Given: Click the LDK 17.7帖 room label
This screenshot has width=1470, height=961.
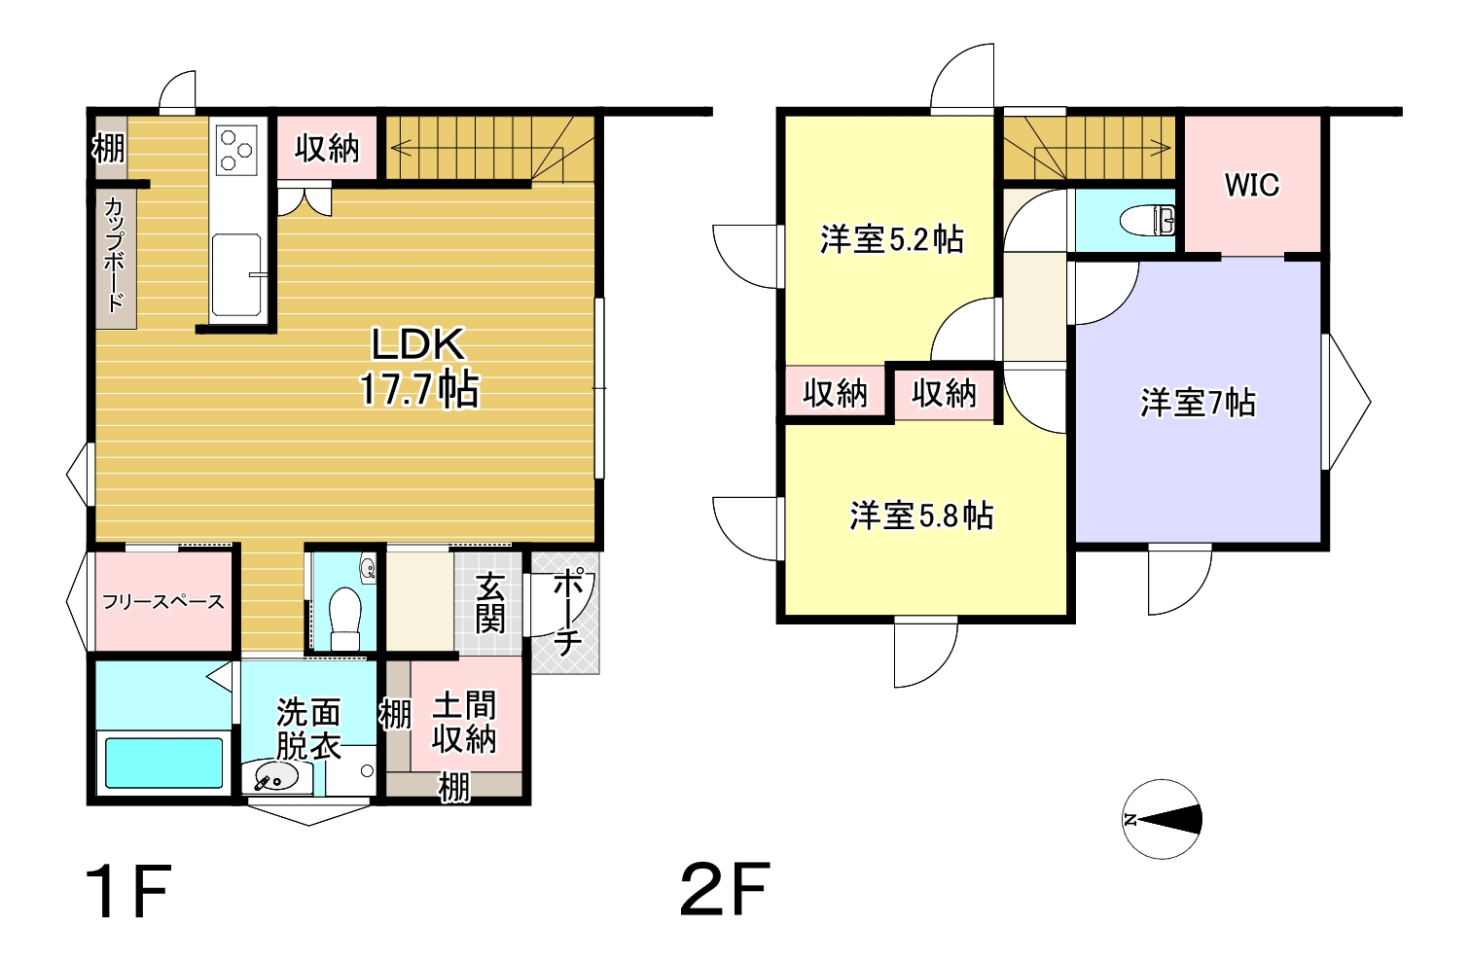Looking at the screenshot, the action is coord(418,368).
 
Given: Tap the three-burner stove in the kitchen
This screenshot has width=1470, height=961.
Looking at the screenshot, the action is coord(236,150).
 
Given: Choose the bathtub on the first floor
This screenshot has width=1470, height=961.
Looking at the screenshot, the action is coord(163,763).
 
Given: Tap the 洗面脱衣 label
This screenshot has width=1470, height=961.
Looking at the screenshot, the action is coord(307,729).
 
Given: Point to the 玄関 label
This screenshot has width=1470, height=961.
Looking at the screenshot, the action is coord(490,603).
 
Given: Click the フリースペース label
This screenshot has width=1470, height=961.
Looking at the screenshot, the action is coord(163,601).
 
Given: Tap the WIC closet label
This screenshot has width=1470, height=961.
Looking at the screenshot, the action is coord(1251,186).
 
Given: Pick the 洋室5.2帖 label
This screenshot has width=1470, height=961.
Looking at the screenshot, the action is coord(892,239).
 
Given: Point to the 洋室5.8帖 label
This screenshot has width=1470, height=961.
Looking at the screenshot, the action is coord(921,516).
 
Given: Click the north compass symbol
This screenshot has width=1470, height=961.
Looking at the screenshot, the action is coord(1162,819).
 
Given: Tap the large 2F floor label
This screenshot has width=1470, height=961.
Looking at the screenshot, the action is coord(725,889).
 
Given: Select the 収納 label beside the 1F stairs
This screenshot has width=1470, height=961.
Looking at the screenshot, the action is coord(327,148).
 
